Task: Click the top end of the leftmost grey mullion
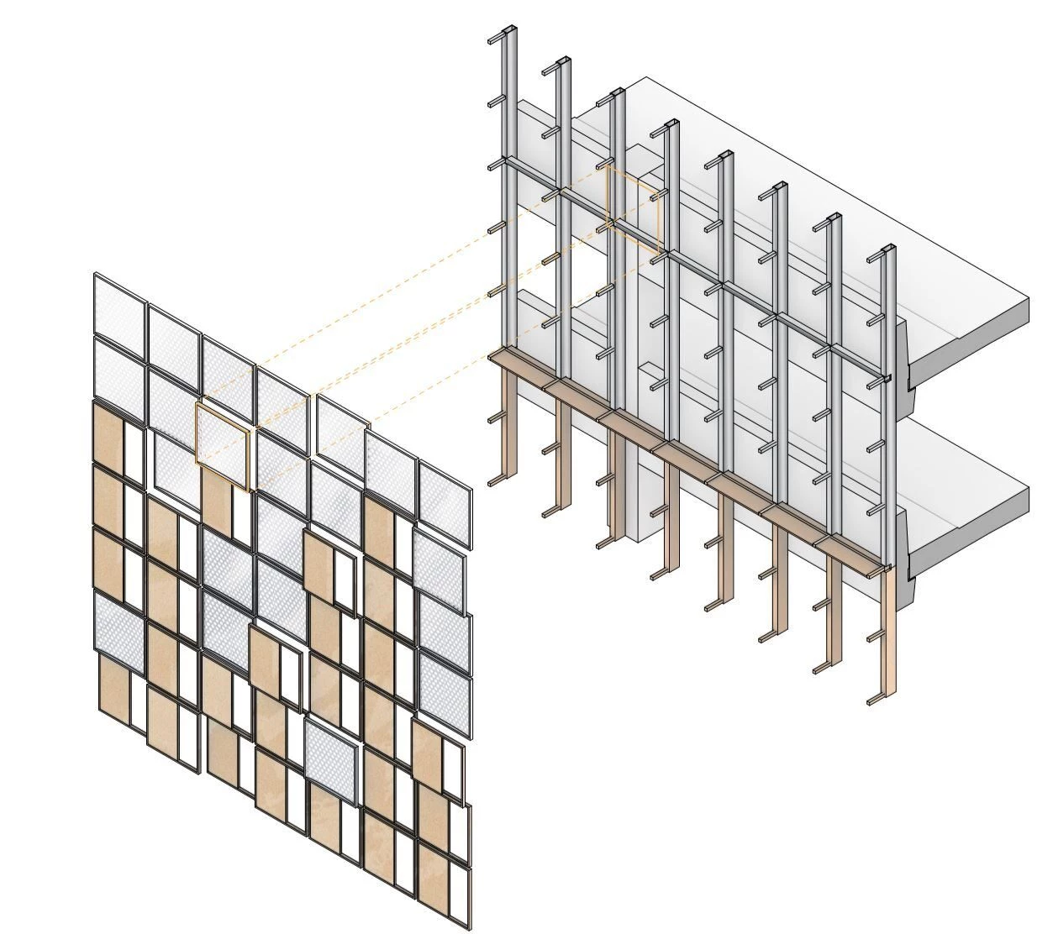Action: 507,35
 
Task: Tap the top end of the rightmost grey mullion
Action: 888,250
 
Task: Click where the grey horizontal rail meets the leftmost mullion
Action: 507,163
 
